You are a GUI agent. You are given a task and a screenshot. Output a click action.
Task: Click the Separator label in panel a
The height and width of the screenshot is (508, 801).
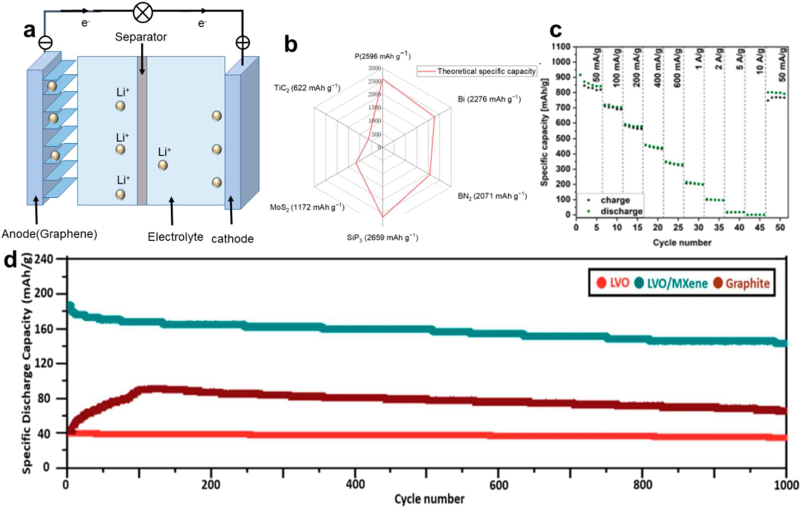click(141, 37)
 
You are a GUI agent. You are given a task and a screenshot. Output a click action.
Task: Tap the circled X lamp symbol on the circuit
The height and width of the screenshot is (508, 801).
click(143, 12)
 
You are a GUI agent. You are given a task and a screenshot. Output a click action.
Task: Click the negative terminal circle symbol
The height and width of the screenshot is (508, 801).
click(46, 42)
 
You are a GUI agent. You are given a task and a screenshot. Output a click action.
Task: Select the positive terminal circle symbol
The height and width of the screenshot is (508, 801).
click(243, 42)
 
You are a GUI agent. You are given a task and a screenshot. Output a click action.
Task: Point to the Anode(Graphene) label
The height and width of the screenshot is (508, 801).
click(49, 234)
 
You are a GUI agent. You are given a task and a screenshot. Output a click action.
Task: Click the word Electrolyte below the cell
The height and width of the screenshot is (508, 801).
click(175, 237)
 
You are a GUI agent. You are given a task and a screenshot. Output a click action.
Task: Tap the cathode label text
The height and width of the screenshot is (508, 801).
click(232, 239)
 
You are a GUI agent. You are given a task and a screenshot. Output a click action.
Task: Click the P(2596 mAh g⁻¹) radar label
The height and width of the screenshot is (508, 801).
click(382, 56)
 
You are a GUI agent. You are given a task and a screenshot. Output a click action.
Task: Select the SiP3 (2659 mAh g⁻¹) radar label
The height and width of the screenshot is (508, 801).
click(382, 238)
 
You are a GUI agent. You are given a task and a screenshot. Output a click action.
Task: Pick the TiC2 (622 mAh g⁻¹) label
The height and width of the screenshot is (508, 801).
click(307, 88)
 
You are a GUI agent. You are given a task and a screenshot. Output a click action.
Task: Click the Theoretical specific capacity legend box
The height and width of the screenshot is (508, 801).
click(477, 71)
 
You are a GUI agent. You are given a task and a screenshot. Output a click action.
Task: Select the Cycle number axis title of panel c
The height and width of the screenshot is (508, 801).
click(682, 242)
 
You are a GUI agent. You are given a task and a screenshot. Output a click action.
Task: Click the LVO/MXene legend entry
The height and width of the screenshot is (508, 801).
click(671, 283)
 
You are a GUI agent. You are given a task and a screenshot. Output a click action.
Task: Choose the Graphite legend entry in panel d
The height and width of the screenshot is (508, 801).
click(742, 283)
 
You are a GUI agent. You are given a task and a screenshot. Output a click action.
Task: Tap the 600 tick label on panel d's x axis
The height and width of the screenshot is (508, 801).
click(498, 485)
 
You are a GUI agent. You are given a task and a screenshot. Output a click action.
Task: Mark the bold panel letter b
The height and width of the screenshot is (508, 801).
click(291, 44)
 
